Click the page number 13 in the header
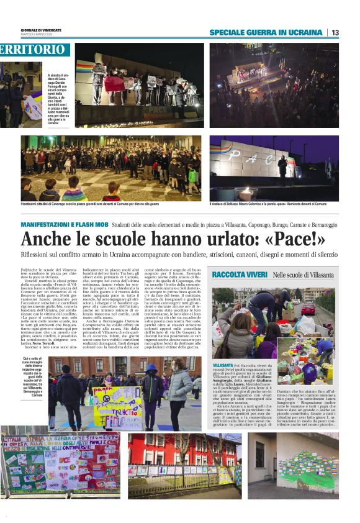point(335,32)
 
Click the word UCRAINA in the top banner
point(302,32)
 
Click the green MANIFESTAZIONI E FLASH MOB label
point(65,224)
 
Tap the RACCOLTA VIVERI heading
point(240,275)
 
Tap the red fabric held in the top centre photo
point(115,84)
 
